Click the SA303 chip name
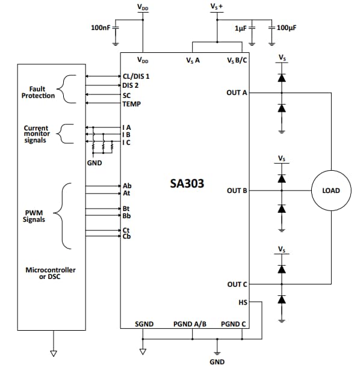(x=187, y=183)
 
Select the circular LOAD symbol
(x=331, y=191)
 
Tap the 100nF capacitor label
(x=100, y=28)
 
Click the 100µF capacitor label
(x=288, y=28)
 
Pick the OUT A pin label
(x=237, y=93)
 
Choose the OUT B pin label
(x=237, y=191)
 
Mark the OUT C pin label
(x=237, y=284)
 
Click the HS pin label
(x=243, y=303)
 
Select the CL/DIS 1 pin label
(x=135, y=77)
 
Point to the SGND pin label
(x=144, y=324)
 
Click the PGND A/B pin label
(x=190, y=324)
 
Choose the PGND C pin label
(x=234, y=324)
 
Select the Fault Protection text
(x=38, y=92)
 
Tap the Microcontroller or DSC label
(x=50, y=273)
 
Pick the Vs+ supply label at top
(x=217, y=7)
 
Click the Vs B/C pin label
(x=237, y=60)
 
